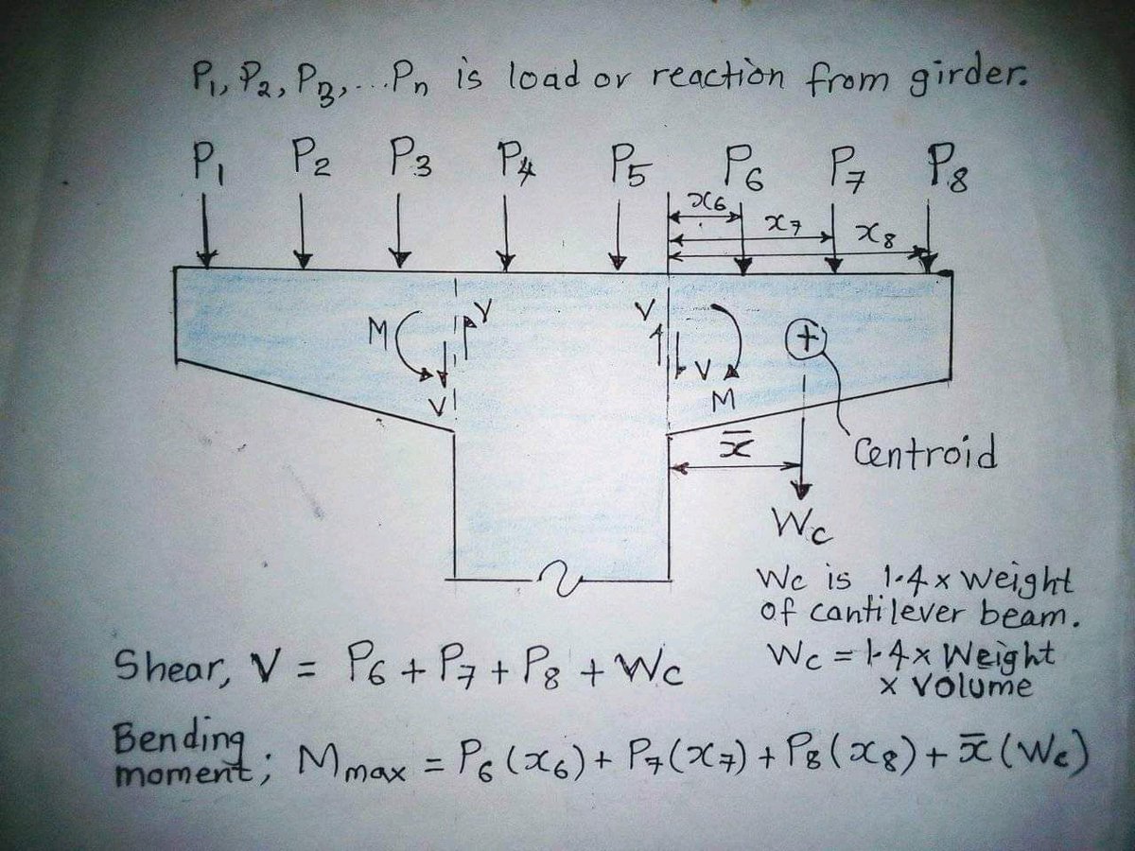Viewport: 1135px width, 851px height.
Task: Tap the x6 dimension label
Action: point(709,200)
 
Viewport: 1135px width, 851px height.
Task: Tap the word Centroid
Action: point(925,453)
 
